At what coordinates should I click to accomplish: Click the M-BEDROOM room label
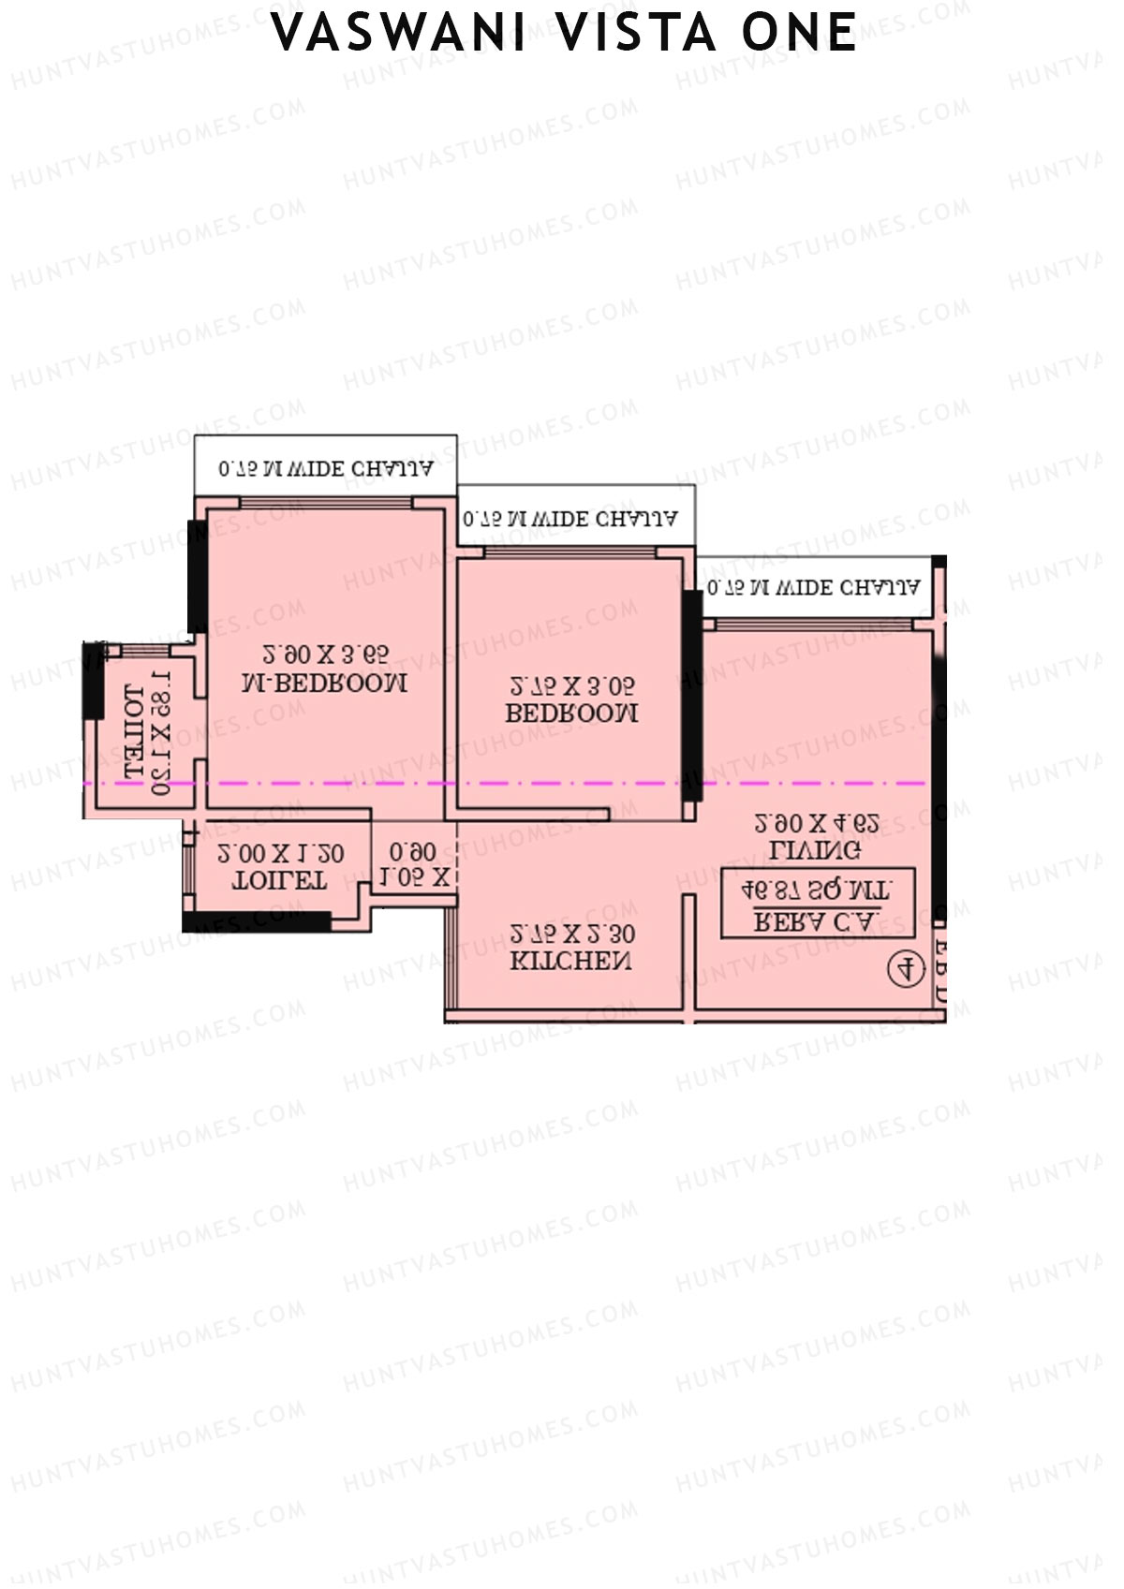tap(324, 683)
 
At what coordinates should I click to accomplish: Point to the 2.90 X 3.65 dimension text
tap(325, 654)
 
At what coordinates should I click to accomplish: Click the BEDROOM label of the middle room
tap(571, 713)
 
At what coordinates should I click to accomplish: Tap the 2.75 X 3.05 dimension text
tap(571, 684)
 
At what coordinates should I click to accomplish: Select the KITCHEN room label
tap(570, 961)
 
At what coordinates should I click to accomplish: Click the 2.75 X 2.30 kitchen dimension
tap(571, 934)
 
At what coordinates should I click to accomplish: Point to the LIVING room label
tap(815, 850)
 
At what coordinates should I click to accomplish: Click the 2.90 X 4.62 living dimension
tap(816, 823)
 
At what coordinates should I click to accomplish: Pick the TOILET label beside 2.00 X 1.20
tap(279, 880)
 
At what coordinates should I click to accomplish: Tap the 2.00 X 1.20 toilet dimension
tap(280, 853)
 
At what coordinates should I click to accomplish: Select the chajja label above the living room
tap(813, 587)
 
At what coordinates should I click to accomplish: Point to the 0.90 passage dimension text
tap(412, 851)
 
